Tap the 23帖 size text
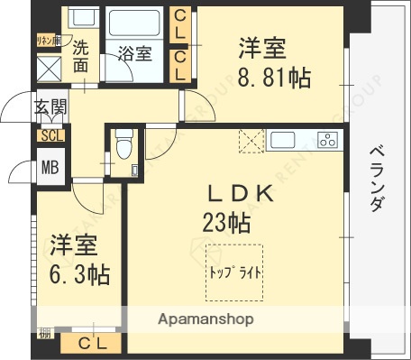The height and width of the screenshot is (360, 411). (226, 221)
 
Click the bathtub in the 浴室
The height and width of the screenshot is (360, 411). (135, 23)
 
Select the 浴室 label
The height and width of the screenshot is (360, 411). (135, 54)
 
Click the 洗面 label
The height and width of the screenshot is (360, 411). (81, 57)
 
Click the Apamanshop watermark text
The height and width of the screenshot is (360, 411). (206, 319)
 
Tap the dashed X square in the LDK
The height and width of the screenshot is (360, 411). (250, 141)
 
